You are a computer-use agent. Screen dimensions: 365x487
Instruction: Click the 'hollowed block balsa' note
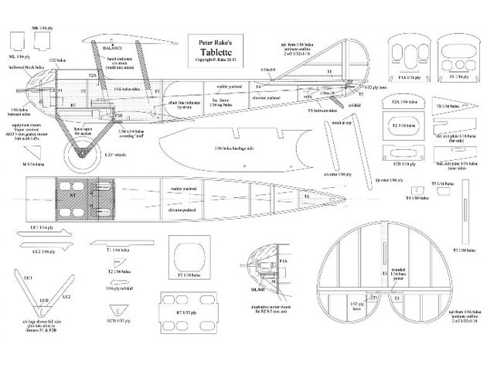coord(31,80)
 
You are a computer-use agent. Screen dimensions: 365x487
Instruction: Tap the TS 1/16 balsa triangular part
coord(452,104)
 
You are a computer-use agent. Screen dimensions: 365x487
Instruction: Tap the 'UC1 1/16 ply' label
coord(40,227)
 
